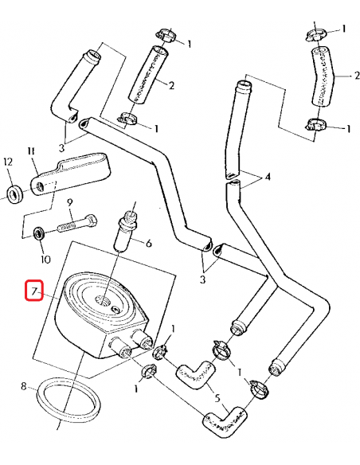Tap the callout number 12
pyautogui.click(x=9, y=162)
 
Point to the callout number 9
pyautogui.click(x=69, y=202)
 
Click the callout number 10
pyautogui.click(x=45, y=259)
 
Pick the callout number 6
pyautogui.click(x=148, y=244)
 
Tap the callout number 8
pyautogui.click(x=25, y=388)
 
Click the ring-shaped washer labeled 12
pyautogui.click(x=14, y=192)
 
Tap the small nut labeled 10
pyautogui.click(x=38, y=234)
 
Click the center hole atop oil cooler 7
pyautogui.click(x=102, y=300)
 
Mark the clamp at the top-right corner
pyautogui.click(x=314, y=34)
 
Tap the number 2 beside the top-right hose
pyautogui.click(x=347, y=76)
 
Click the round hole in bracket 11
pyautogui.click(x=37, y=188)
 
